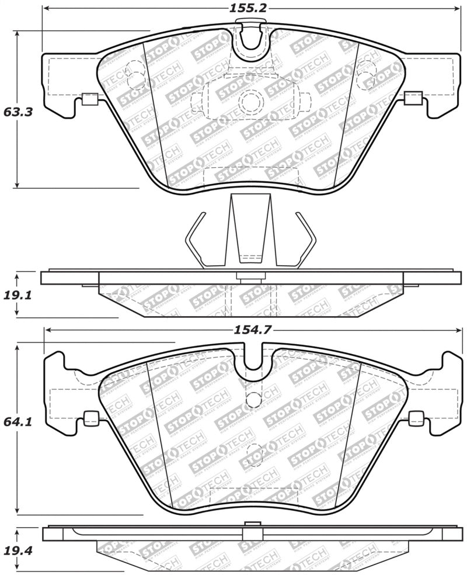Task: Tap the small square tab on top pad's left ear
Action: click(x=89, y=99)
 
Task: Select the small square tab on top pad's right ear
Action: click(x=413, y=98)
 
